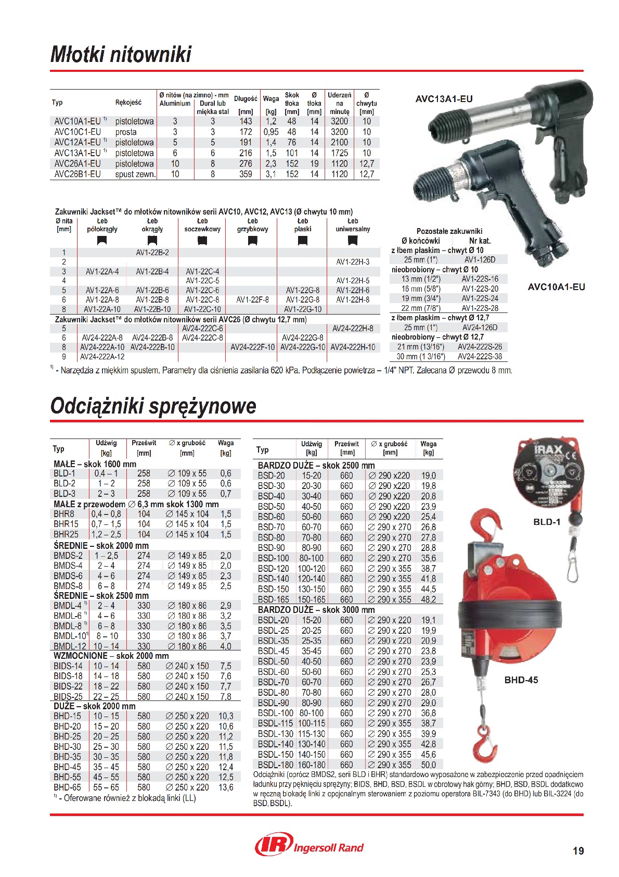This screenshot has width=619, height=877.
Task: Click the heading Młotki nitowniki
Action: [121, 54]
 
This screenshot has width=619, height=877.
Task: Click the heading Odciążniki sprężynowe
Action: [153, 406]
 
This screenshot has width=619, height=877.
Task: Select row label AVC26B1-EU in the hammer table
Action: [78, 174]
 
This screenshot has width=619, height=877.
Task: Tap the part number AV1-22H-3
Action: [353, 262]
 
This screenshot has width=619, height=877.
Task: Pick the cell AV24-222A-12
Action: [102, 357]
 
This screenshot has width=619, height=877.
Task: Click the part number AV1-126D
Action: [480, 260]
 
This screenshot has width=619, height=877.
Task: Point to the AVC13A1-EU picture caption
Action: [444, 99]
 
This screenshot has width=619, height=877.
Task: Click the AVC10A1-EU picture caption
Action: [556, 287]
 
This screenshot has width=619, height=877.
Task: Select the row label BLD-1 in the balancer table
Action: [65, 473]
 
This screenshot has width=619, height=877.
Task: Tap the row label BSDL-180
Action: [276, 765]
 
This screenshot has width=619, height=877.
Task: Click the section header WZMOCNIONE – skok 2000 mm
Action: [111, 656]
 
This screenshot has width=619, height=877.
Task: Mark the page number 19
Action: [578, 851]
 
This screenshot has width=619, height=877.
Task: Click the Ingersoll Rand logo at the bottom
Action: [309, 845]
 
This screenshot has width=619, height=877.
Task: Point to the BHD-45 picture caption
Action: [521, 680]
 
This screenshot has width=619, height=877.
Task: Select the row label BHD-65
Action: [67, 787]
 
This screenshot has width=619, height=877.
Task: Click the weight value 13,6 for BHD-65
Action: [226, 787]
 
